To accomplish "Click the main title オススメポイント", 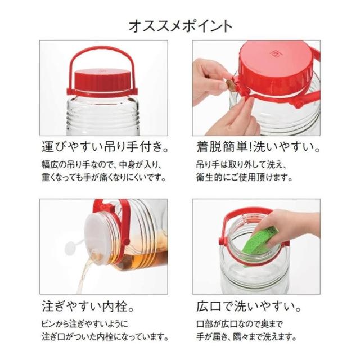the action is pos(180,26).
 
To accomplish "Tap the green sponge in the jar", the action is pos(263,241).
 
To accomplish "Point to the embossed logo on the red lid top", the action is pos(274,54).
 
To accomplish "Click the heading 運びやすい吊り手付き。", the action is pos(105,147).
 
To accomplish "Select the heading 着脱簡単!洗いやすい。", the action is pos(258,147).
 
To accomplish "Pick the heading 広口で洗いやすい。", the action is pos(249,307).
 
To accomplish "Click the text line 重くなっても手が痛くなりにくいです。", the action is pos(103,178).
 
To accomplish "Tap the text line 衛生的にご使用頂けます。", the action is pos(244,178).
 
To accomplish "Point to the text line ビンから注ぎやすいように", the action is pos(85,325).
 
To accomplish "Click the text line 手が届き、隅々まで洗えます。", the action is pos(246,337).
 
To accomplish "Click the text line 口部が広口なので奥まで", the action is pos(240,325).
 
